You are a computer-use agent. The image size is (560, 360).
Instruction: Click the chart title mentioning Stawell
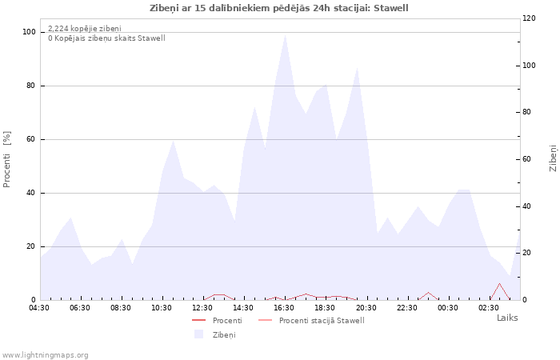coord(279,8)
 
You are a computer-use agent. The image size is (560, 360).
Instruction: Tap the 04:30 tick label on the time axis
coord(39,308)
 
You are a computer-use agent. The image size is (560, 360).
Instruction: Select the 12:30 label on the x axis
coord(202,308)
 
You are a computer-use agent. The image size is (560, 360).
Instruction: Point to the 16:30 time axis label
coord(284,308)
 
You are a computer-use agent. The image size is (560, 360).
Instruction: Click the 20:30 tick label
coord(366,308)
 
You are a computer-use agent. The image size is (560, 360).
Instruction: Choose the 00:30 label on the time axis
coord(448,308)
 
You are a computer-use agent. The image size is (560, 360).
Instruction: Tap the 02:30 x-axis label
coord(489,308)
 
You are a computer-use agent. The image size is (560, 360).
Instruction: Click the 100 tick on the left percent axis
coord(30,32)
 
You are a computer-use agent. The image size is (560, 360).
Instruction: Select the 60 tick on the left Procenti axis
coord(30,139)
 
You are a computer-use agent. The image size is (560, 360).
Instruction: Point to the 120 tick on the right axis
coord(530,18)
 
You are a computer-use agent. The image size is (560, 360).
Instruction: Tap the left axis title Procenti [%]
coord(6,159)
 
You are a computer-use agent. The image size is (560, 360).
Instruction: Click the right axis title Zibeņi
coord(553,158)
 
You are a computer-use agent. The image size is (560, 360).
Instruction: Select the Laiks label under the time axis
coord(507,318)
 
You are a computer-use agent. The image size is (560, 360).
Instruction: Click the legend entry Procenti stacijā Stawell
coord(322,321)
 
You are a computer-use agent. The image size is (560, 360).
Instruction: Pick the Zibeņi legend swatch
coord(198,334)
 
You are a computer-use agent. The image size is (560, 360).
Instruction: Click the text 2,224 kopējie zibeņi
coord(85,29)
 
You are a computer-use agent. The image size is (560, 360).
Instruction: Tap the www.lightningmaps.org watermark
coord(45,355)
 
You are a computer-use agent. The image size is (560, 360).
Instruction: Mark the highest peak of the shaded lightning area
coord(285,34)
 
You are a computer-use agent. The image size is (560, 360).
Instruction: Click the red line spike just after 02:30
coord(499,283)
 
